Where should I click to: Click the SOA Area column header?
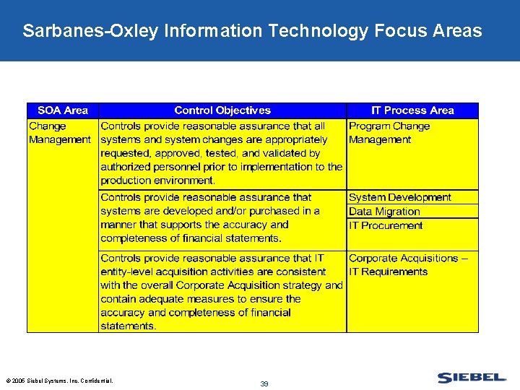[63, 110]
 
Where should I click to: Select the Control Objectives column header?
[222, 110]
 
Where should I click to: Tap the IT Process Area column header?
[412, 110]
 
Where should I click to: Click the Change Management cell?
[59, 133]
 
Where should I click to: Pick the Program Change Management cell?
[389, 133]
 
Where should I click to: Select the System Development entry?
[399, 197]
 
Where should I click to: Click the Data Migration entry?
[383, 212]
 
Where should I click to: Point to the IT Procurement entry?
[386, 225]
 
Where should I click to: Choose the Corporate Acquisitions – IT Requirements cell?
[408, 265]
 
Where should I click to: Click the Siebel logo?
[472, 378]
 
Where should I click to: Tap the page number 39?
[264, 384]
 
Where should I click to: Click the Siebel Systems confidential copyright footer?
[59, 381]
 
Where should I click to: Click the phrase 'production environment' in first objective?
[158, 181]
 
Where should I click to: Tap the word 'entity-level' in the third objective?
[129, 272]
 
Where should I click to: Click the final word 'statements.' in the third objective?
[128, 326]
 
